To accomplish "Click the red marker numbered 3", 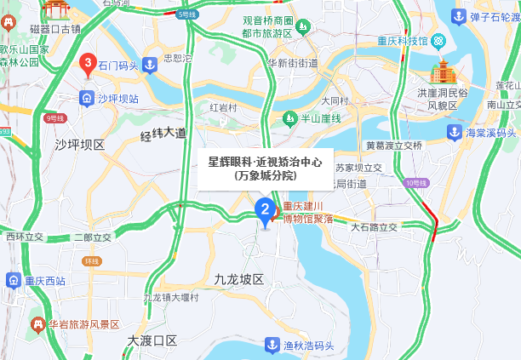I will pos(87,63).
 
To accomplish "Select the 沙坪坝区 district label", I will pos(79,145).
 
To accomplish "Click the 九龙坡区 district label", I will pos(239,279).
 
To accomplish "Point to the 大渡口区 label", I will pos(152,340).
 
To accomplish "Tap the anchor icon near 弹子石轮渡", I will pos(458,16).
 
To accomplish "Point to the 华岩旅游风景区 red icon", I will pos(37,324).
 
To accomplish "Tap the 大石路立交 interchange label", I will pos(375,227).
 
